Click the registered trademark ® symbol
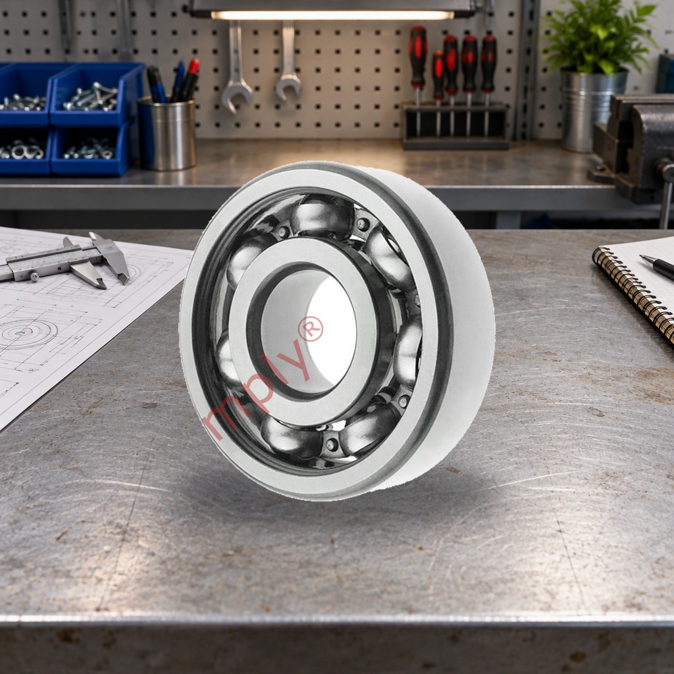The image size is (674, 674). [x=311, y=329]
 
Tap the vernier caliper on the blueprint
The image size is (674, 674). [x=65, y=262]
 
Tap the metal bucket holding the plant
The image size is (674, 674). [x=594, y=111]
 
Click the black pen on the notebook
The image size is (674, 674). [x=657, y=267]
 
